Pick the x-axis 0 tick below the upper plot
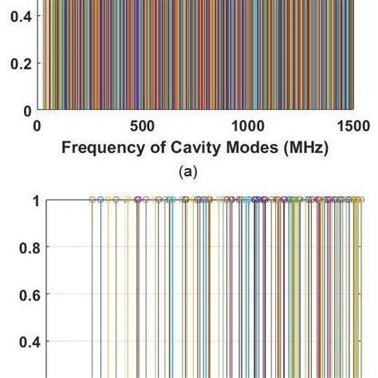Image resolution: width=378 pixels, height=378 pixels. [x=37, y=126]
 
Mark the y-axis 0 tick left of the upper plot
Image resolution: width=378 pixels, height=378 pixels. [x=26, y=111]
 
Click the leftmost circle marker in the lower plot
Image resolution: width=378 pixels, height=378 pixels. [x=92, y=199]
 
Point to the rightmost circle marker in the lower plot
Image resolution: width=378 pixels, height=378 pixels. [x=360, y=199]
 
